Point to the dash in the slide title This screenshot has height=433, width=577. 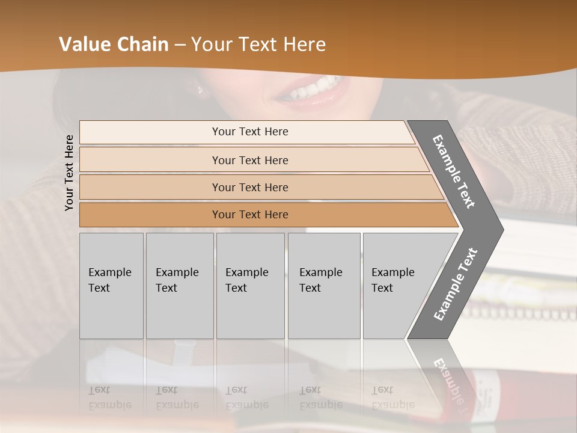click(x=180, y=45)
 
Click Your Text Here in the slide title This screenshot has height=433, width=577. click(x=258, y=45)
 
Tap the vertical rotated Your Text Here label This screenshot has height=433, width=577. click(x=69, y=173)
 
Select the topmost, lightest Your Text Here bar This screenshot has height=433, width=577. click(x=249, y=132)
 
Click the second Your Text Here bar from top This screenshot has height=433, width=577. click(x=249, y=160)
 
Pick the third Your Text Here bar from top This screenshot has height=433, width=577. click(x=249, y=187)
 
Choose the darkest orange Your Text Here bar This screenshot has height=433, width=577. click(x=249, y=215)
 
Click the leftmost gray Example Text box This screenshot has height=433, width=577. click(x=111, y=286)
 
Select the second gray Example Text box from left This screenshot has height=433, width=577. click(x=180, y=286)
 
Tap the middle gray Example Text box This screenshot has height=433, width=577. click(x=250, y=286)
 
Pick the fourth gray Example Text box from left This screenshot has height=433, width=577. click(x=324, y=286)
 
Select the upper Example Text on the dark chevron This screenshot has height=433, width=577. click(x=454, y=171)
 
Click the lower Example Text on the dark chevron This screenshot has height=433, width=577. click(x=455, y=284)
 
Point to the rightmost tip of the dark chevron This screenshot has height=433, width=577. click(x=502, y=230)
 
